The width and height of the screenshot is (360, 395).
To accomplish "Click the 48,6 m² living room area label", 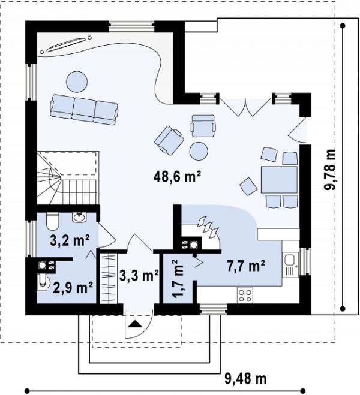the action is click(x=177, y=177).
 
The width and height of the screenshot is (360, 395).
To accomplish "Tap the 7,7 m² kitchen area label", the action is click(x=246, y=266).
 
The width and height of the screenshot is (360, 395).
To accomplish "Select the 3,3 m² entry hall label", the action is click(x=139, y=275).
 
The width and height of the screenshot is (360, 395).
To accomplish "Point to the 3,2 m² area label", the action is click(x=70, y=240).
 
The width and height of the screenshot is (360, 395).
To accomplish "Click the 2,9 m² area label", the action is click(x=73, y=288).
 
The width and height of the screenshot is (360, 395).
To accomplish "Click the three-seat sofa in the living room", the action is click(x=84, y=110).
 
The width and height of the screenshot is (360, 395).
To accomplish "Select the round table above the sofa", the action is click(x=77, y=82).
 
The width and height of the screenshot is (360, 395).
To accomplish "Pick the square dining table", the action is click(x=279, y=180).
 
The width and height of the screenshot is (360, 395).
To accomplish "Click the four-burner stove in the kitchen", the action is click(x=245, y=296).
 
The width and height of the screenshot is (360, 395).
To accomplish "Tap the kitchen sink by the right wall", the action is click(x=290, y=264).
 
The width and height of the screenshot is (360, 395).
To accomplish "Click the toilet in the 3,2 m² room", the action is click(x=53, y=221).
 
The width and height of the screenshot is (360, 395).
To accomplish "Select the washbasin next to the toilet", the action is click(x=79, y=217).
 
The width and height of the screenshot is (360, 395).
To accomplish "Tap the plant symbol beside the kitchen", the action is click(x=208, y=228).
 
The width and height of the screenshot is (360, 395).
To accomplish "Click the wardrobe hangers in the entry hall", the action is click(x=109, y=278).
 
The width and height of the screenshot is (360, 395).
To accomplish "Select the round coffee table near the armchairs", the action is click(x=199, y=152).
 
